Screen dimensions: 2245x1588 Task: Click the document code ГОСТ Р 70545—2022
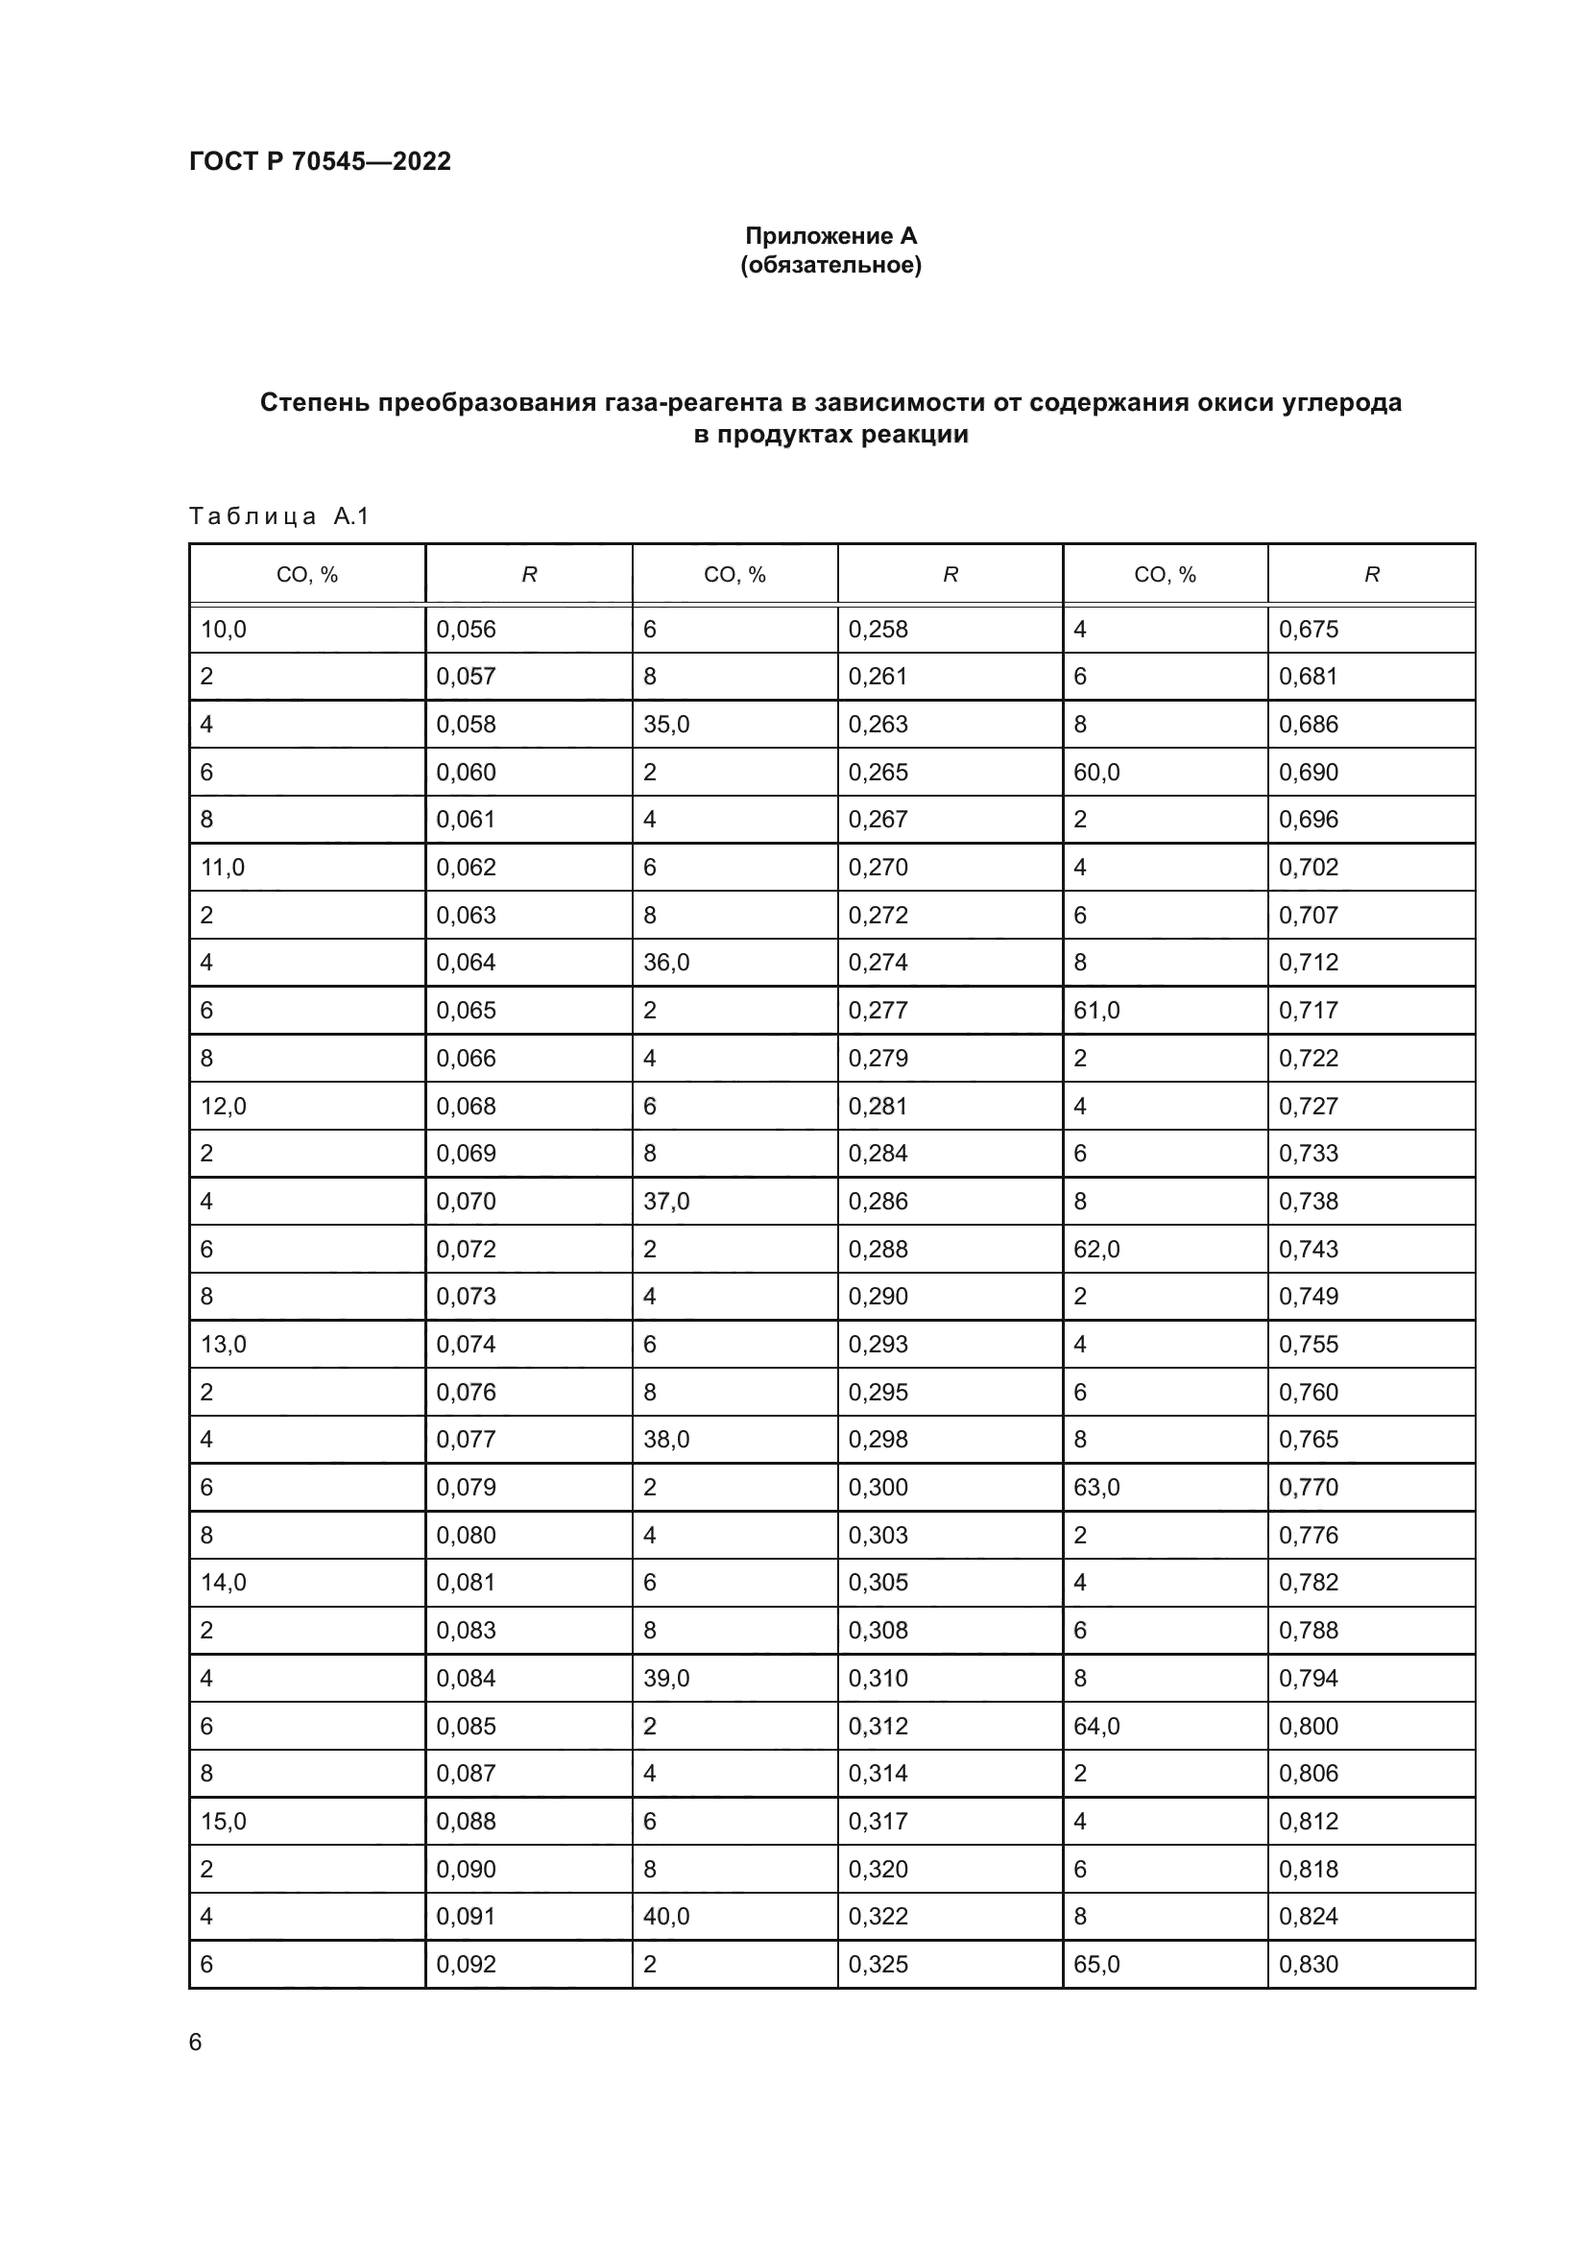pos(320,161)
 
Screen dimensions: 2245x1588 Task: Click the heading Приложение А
pos(830,236)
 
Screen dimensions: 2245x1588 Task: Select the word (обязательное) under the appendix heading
pos(830,265)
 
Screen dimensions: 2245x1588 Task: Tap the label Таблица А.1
pos(278,515)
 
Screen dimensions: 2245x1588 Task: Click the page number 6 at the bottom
pos(196,2042)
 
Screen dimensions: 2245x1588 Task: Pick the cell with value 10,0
pos(224,630)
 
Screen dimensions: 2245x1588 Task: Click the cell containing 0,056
pos(467,630)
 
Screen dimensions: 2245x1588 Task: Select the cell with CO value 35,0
pos(666,725)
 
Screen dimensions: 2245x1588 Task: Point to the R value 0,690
pos(1309,773)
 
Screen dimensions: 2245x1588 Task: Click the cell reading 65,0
pos(1096,1964)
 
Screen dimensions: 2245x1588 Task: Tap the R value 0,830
pos(1309,1964)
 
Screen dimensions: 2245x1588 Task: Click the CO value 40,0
pos(666,1916)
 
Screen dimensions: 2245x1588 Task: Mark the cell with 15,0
pos(224,1821)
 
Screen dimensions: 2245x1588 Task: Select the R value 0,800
pos(1309,1726)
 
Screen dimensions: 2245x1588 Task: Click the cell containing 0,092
pos(467,1964)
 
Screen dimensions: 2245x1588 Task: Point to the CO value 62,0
pos(1096,1249)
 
